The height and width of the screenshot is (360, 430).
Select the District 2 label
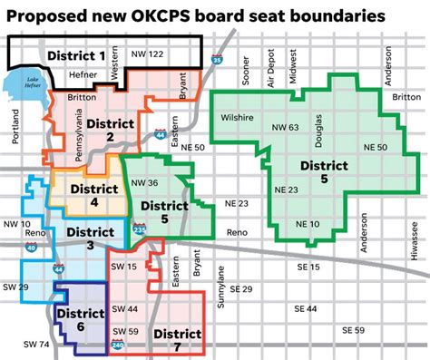point(108,128)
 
